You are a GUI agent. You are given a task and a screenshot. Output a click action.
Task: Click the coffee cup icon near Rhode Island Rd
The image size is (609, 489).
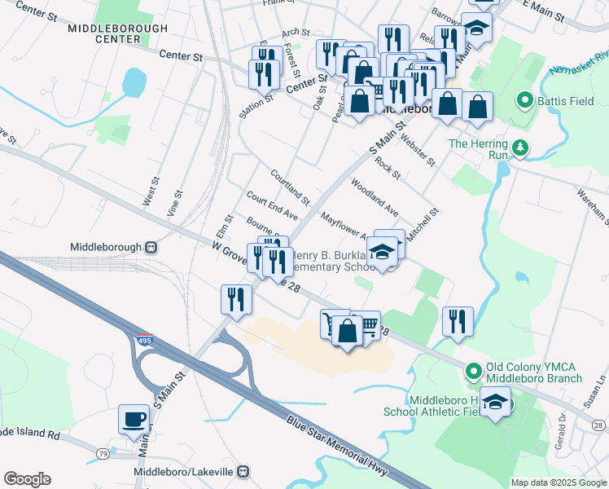[x=134, y=421]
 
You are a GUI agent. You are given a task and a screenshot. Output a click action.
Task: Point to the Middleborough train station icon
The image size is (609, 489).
[x=151, y=247]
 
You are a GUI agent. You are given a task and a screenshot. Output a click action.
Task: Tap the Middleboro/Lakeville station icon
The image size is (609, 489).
[x=242, y=472]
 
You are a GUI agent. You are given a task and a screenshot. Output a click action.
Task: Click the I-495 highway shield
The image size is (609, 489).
[x=145, y=341]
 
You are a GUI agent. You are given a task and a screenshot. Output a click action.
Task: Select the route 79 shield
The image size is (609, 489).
[x=103, y=453]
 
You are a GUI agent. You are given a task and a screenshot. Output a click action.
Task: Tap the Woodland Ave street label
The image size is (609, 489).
[x=375, y=196]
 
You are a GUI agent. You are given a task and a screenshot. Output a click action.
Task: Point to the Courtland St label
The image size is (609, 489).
[x=291, y=187]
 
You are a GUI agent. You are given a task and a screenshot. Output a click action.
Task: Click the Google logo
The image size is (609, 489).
[x=27, y=479]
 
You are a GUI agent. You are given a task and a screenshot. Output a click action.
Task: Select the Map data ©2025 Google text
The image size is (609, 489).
[x=558, y=482]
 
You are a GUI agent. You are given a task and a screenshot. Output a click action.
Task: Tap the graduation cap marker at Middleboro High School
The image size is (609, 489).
[x=494, y=403]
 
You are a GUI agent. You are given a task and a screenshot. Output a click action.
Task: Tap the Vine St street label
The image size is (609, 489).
[x=173, y=201]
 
